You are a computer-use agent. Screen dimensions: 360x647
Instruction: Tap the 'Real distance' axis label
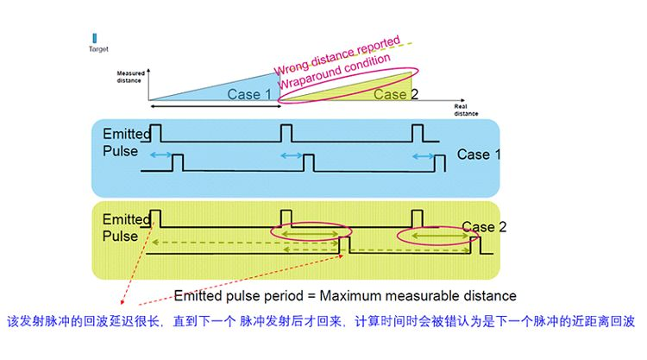(x=466, y=110)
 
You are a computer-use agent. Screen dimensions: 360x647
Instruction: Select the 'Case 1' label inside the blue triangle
(x=249, y=93)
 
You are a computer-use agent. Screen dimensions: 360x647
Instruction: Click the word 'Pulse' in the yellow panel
(x=119, y=236)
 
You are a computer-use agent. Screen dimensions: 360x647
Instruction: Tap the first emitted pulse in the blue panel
(x=156, y=131)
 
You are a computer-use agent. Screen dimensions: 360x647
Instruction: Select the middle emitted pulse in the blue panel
(x=286, y=131)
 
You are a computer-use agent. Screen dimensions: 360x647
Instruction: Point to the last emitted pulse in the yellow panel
(x=418, y=216)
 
